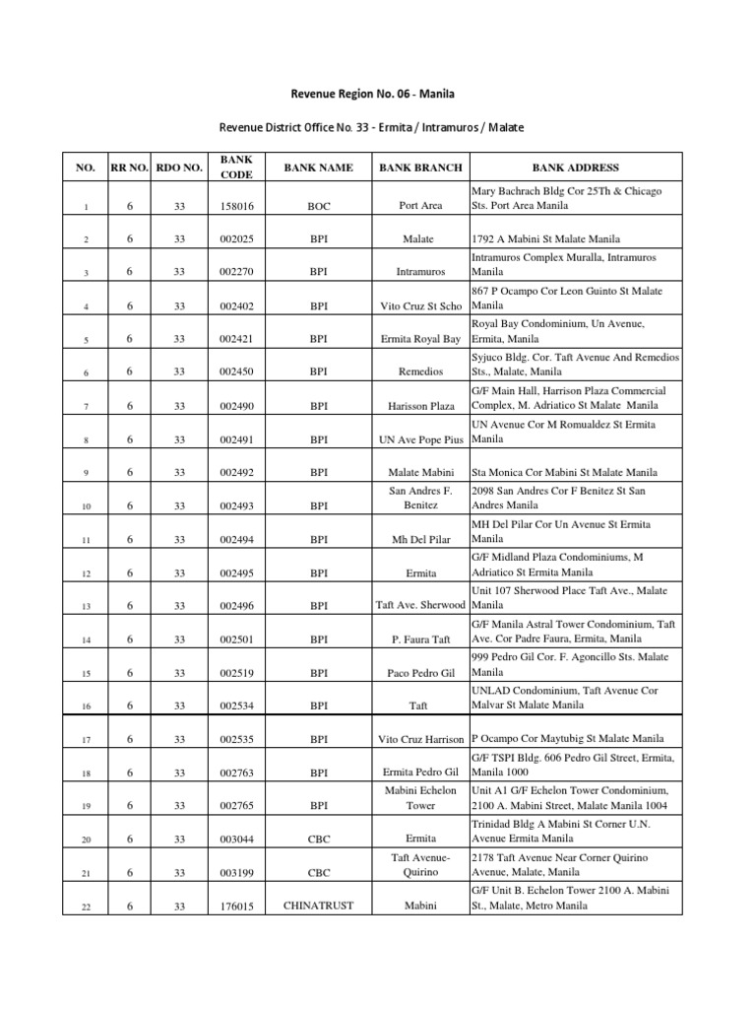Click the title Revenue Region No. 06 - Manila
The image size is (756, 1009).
pyautogui.click(x=372, y=95)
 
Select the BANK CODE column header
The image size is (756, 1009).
pyautogui.click(x=236, y=168)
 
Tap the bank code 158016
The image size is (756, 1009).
pyautogui.click(x=236, y=206)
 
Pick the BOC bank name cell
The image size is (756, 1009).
pyautogui.click(x=318, y=206)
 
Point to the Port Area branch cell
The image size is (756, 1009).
pyautogui.click(x=420, y=206)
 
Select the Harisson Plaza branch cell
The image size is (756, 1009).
pyautogui.click(x=420, y=406)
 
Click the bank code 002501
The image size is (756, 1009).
pyautogui.click(x=236, y=639)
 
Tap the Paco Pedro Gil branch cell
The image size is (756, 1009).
pyautogui.click(x=420, y=673)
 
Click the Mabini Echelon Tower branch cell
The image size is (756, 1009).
pyautogui.click(x=420, y=797)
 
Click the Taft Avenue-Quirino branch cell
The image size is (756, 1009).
pyautogui.click(x=420, y=864)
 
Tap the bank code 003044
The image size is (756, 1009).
pyautogui.click(x=236, y=840)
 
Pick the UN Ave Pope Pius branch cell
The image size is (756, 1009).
pyautogui.click(x=420, y=439)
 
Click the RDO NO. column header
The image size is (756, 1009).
pyautogui.click(x=179, y=168)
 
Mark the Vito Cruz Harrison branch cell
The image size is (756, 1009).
pyautogui.click(x=420, y=739)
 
